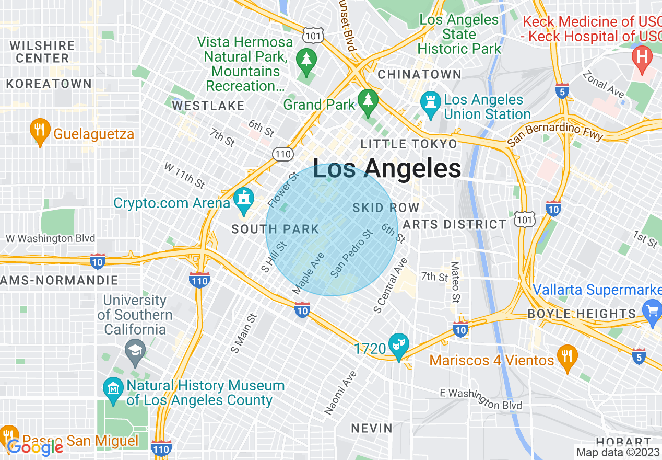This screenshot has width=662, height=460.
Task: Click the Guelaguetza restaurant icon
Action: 40,133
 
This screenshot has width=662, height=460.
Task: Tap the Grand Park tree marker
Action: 368,102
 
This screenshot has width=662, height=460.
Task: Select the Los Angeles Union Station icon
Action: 430,106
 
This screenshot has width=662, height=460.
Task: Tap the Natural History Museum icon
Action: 113,392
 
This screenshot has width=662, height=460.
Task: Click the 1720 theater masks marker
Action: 399,347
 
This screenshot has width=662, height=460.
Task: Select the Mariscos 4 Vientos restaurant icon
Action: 567,359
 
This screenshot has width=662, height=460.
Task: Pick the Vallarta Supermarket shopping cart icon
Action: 652,312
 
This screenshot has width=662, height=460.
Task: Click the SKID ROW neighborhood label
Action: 386,208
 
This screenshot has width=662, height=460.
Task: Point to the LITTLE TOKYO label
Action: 409,143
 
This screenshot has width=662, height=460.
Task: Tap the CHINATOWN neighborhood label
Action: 419,75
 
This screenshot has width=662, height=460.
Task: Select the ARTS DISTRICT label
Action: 455,224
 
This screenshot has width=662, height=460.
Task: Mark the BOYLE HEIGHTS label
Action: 581,314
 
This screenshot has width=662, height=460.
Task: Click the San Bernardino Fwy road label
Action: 556,133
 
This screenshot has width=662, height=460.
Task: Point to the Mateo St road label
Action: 455,282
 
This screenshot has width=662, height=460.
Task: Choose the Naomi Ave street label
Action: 340,393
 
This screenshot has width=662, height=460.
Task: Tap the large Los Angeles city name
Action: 387,168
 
